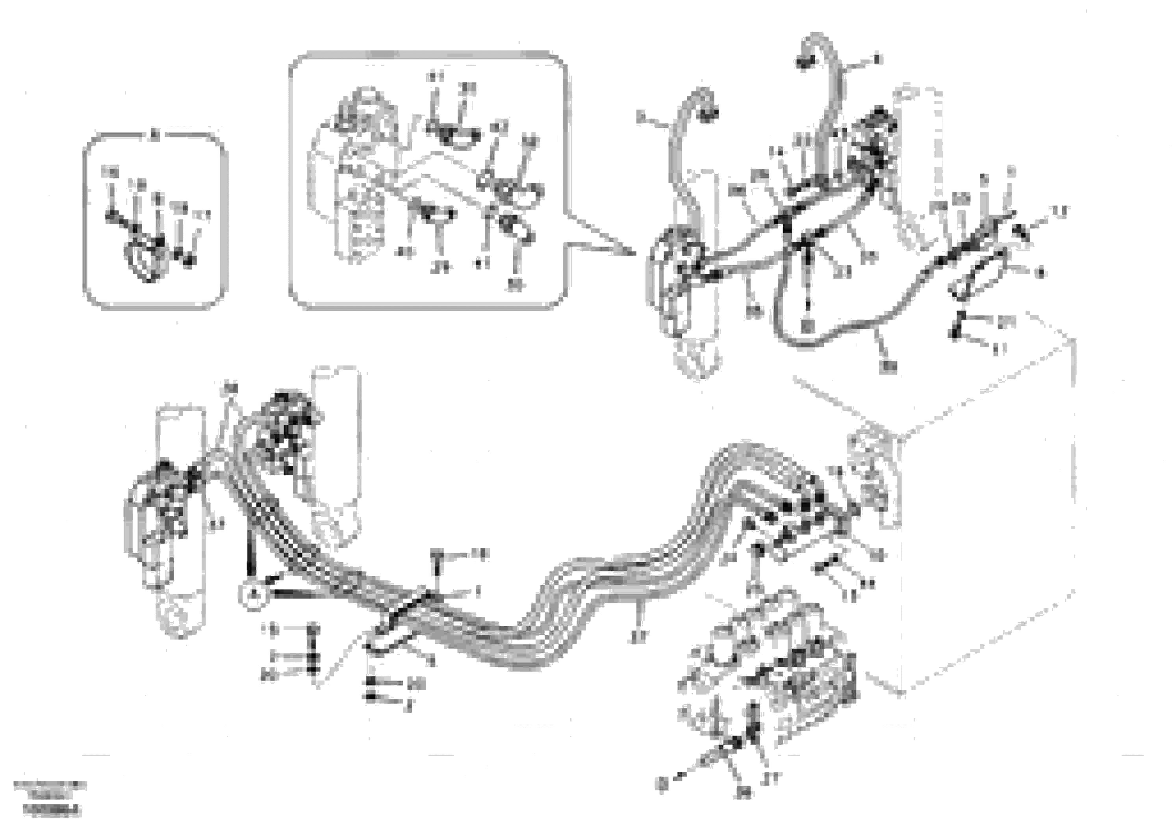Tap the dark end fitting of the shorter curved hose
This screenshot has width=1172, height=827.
710,115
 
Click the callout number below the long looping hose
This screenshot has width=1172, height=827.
890,365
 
